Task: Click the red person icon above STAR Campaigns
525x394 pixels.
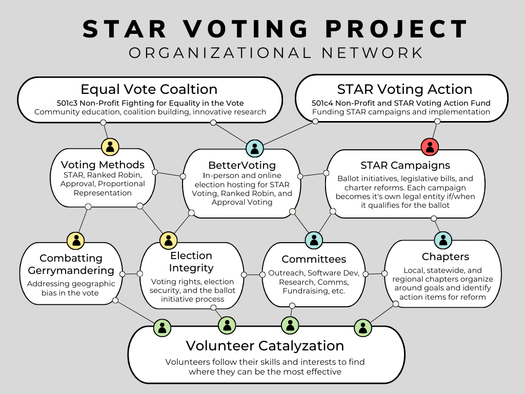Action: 430,147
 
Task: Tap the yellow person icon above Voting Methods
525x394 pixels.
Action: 110,147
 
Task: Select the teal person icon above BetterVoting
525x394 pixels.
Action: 254,148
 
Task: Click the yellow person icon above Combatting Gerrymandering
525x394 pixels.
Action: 76,241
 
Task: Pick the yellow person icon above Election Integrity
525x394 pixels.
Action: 168,241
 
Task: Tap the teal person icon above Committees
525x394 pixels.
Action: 314,240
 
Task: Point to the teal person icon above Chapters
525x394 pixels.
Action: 443,240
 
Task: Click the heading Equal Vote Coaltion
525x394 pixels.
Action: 149,89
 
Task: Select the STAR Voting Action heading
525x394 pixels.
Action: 405,89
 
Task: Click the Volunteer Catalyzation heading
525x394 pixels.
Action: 265,346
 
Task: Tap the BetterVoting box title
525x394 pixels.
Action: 242,165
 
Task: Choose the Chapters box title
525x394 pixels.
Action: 446,257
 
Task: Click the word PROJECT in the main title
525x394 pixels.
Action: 396,29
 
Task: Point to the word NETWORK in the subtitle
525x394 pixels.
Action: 373,53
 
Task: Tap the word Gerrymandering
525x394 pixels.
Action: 71,270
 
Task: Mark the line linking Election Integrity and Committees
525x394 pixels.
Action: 253,275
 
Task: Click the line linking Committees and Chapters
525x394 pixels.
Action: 375,274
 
